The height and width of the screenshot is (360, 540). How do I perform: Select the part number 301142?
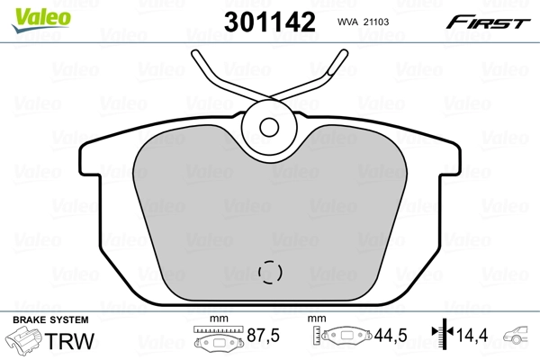point(273,22)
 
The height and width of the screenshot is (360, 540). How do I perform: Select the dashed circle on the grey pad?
point(270,270)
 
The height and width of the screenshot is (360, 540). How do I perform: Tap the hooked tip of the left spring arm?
point(197,56)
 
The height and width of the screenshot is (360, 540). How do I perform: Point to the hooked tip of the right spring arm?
point(341,56)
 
